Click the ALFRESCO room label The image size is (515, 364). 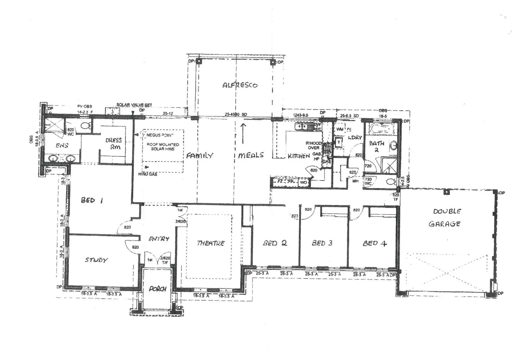240,85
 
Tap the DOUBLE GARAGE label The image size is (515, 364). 445,217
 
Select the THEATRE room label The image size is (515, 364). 210,243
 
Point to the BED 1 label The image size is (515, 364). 92,200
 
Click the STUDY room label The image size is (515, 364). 96,260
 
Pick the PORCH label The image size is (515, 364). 158,289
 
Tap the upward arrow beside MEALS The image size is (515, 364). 243,133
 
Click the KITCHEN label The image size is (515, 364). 298,156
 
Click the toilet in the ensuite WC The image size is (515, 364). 86,126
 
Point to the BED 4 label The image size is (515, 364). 374,243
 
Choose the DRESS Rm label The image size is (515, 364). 114,143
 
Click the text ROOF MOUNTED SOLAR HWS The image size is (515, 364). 163,147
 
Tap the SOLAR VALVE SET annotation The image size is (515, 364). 134,105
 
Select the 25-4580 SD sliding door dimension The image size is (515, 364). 236,115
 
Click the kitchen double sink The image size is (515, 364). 303,127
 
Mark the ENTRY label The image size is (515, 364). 159,239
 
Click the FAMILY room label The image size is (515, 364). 200,156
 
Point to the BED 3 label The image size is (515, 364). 322,243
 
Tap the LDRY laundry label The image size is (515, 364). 354,138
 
